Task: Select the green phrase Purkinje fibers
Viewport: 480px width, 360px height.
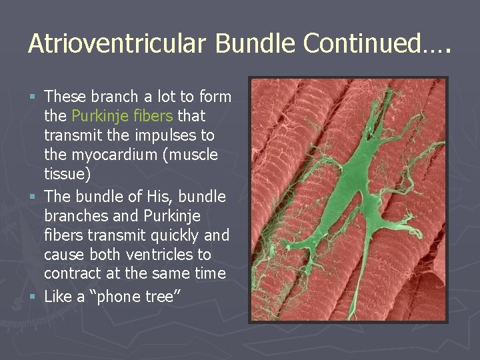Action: (x=122, y=116)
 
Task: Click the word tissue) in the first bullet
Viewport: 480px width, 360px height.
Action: (x=64, y=174)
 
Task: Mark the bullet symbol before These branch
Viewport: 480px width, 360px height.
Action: (x=35, y=97)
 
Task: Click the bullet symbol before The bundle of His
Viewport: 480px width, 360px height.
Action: (x=35, y=197)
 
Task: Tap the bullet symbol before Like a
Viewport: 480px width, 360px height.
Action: (x=35, y=297)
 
